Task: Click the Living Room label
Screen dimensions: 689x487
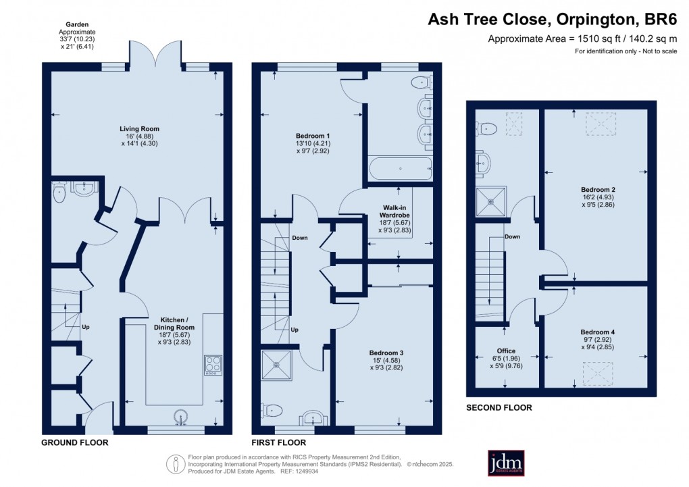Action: (x=139, y=129)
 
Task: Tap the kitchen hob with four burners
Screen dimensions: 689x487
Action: (x=213, y=365)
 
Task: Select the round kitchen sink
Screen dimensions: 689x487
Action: (x=181, y=417)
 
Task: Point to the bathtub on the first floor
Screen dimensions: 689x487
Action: (x=400, y=169)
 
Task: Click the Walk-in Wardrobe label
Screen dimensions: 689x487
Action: (x=394, y=211)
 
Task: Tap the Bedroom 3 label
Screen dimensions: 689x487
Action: (x=386, y=353)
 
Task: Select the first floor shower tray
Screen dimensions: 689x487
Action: (x=276, y=365)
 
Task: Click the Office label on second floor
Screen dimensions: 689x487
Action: (x=506, y=351)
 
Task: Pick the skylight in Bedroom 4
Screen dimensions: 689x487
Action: (x=598, y=374)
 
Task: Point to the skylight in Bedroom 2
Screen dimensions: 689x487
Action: (x=601, y=124)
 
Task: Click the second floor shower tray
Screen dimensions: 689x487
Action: (x=491, y=202)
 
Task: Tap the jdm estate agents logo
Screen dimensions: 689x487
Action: (x=506, y=463)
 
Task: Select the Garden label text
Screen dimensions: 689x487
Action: (x=77, y=24)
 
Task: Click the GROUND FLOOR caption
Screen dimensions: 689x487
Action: (x=75, y=442)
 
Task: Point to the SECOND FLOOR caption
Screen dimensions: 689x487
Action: (x=499, y=407)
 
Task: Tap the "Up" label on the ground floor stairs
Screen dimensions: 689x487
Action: (x=86, y=327)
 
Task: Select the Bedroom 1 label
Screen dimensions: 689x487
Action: (x=313, y=136)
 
